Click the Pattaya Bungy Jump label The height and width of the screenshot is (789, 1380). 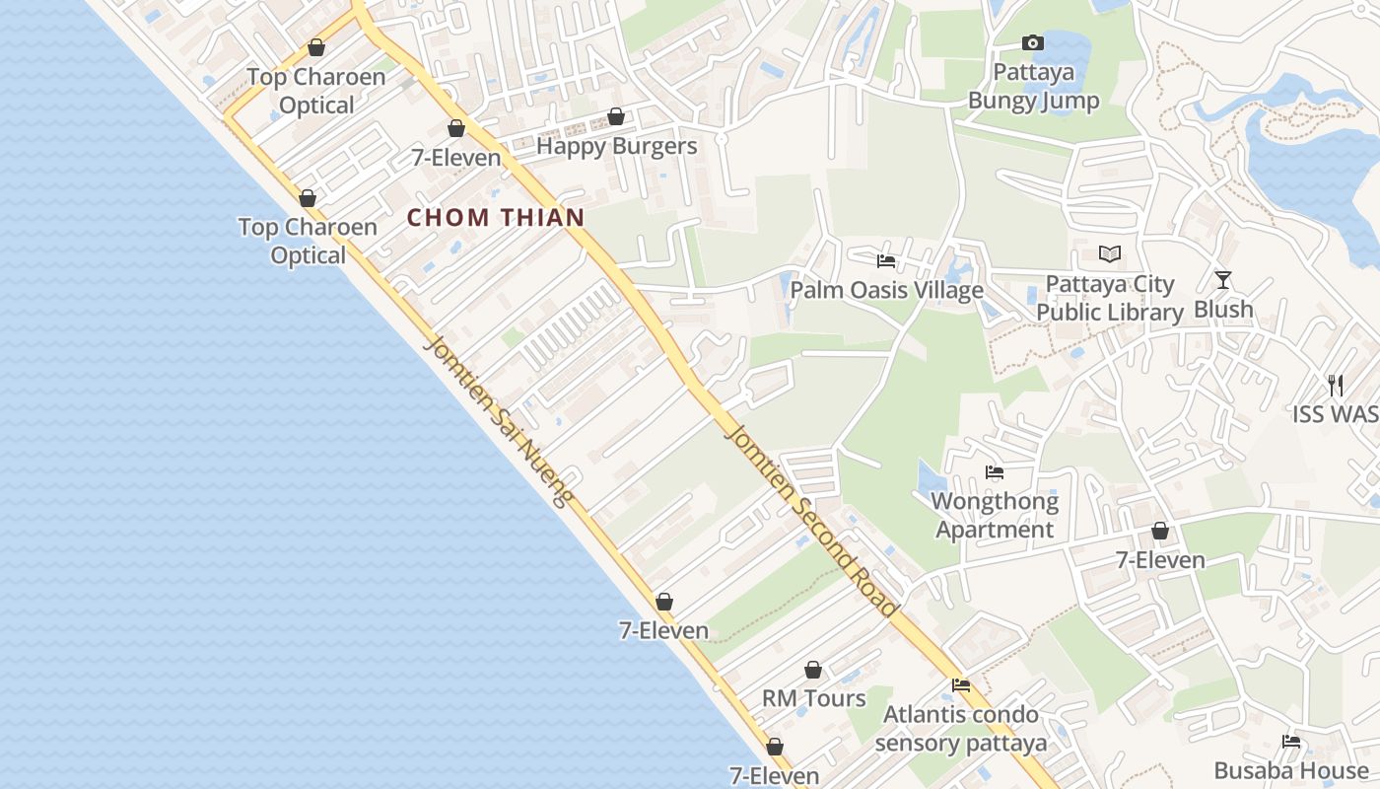pos(1033,87)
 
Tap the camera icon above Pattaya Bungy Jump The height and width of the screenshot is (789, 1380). pos(1033,42)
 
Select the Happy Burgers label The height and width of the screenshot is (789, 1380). pos(616,147)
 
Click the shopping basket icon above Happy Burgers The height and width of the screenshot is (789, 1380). pos(616,117)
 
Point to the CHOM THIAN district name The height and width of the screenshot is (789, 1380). pos(496,218)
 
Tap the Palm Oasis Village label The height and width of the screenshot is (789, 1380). pos(886,290)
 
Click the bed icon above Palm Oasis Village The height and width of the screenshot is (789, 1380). pos(886,261)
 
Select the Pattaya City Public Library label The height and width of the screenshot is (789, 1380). pos(1109,299)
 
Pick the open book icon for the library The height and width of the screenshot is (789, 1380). pos(1110,254)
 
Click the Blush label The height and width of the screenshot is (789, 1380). pos(1223,310)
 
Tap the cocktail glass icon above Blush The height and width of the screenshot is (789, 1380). pos(1223,280)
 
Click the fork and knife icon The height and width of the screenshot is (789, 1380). pos(1336,385)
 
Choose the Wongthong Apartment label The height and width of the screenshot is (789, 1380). pos(995,516)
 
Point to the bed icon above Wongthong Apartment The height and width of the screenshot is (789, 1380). pos(995,472)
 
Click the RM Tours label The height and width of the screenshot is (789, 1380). pos(813,698)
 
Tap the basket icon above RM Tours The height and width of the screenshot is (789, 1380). pos(813,671)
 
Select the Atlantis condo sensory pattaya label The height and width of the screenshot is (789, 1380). pos(960,729)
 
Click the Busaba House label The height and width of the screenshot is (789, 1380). pos(1290,771)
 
